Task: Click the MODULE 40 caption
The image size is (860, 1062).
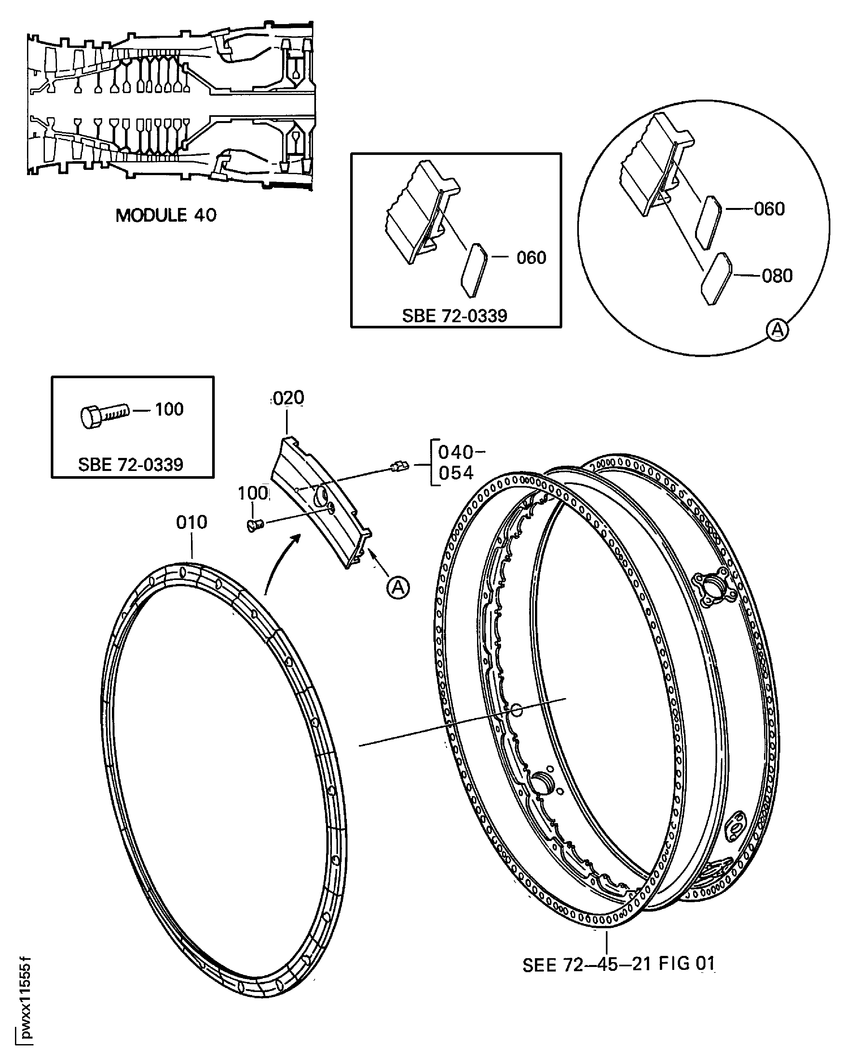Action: (x=166, y=215)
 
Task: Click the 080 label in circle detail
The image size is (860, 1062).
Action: (x=777, y=276)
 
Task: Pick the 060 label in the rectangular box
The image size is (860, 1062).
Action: (x=531, y=258)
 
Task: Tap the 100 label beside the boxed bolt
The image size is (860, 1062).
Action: (x=169, y=409)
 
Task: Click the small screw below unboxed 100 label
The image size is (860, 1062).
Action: (x=255, y=525)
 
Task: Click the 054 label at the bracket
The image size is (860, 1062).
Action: (x=456, y=473)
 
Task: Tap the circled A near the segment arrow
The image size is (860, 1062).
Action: (x=398, y=588)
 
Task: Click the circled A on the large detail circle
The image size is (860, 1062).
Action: (x=777, y=330)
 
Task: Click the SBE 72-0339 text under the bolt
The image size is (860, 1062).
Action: (x=131, y=464)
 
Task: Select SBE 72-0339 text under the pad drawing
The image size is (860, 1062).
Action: (x=454, y=316)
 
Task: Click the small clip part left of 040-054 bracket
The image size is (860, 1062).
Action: (x=399, y=466)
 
